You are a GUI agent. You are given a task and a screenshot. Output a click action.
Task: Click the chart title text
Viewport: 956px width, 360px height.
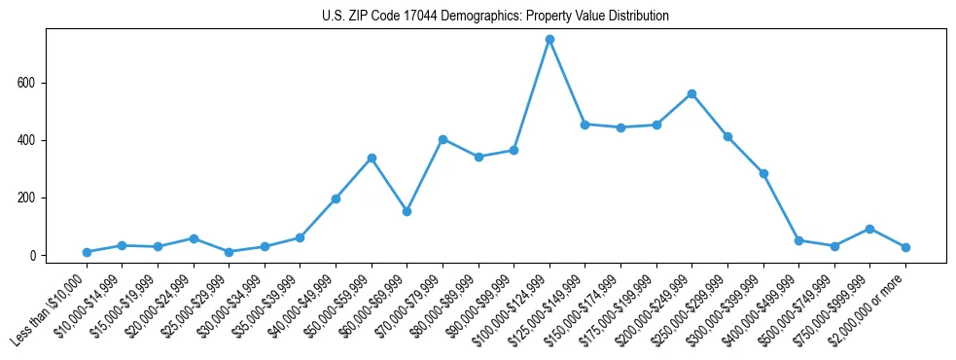(x=495, y=17)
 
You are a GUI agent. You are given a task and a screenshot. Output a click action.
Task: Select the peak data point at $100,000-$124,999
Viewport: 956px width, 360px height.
(x=549, y=39)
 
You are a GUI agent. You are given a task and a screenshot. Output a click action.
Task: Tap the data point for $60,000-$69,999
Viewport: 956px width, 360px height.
(x=407, y=211)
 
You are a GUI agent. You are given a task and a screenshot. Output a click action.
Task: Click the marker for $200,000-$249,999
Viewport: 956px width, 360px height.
(x=691, y=93)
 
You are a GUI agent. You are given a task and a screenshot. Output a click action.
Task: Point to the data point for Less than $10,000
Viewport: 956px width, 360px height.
(x=87, y=252)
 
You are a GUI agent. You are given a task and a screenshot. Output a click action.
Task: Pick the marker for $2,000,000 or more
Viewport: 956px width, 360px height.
(x=905, y=247)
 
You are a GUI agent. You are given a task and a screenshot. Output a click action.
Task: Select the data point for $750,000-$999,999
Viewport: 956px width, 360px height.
(x=869, y=229)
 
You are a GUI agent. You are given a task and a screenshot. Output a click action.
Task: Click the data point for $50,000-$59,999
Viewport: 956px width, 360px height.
(x=372, y=158)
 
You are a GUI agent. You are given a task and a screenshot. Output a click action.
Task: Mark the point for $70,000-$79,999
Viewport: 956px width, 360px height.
(x=443, y=139)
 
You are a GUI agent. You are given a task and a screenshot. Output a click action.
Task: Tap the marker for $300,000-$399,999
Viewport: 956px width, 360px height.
(x=763, y=173)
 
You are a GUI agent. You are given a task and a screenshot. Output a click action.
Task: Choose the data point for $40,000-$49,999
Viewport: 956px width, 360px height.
(x=336, y=198)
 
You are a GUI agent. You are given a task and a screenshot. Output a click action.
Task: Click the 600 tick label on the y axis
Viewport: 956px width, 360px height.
(x=27, y=83)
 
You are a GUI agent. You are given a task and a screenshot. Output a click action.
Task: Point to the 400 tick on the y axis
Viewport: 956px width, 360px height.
(x=27, y=140)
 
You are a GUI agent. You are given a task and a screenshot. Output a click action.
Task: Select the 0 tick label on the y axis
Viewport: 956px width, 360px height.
(x=33, y=256)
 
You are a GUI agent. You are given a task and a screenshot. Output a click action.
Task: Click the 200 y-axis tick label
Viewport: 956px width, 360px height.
(x=27, y=198)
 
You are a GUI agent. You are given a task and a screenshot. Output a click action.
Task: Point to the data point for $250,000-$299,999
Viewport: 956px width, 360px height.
(x=727, y=136)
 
